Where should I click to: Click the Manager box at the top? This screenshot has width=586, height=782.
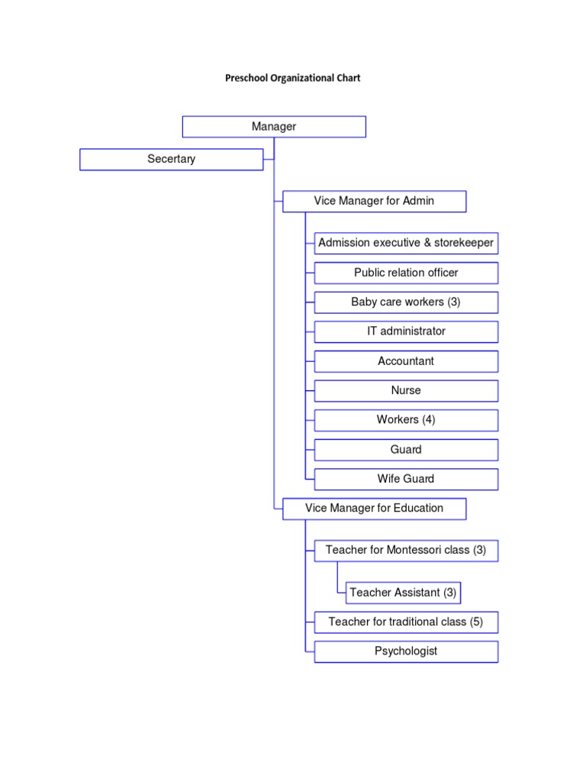tap(274, 127)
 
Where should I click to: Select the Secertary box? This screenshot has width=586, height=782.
tap(171, 159)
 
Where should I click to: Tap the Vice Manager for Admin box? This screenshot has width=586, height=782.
tap(374, 201)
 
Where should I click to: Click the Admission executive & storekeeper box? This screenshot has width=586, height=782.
tap(406, 243)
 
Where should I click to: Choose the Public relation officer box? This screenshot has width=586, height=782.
tap(406, 273)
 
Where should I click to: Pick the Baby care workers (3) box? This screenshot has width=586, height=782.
tap(406, 302)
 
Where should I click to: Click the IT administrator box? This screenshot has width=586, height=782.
tap(406, 331)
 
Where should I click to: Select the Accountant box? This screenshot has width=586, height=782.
tap(406, 361)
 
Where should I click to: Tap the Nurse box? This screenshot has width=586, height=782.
tap(406, 390)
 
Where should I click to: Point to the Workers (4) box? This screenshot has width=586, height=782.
tap(406, 420)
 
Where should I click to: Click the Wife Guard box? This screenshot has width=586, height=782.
tap(406, 479)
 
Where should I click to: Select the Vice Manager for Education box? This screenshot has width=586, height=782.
tap(374, 509)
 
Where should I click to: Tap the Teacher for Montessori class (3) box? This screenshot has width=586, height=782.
tap(406, 551)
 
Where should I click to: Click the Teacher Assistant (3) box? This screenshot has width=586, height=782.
tap(403, 593)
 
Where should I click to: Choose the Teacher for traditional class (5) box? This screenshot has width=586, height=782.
tap(406, 622)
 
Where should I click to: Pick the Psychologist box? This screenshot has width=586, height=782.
tap(406, 651)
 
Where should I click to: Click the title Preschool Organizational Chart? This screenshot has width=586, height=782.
tap(292, 78)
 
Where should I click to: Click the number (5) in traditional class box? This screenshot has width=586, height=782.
tap(476, 622)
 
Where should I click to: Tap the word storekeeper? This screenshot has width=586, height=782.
tap(464, 243)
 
